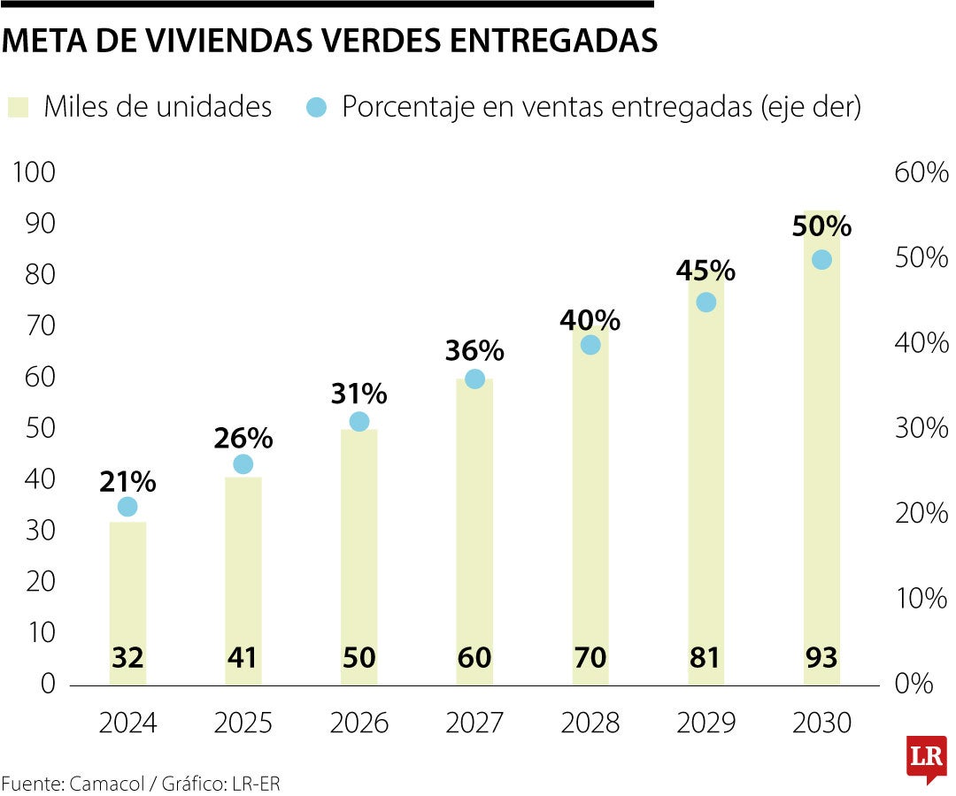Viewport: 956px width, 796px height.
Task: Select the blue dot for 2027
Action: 475,379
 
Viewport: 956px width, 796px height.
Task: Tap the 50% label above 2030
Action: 821,226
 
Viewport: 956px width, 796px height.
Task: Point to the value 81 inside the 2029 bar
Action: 705,658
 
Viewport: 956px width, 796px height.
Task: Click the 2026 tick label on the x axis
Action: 358,723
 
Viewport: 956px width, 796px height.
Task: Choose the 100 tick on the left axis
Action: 33,172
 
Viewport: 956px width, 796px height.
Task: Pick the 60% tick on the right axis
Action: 921,172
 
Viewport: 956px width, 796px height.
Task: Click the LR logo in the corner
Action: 926,758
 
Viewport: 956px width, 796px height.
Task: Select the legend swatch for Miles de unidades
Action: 19,108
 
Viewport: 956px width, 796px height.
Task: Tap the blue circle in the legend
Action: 316,108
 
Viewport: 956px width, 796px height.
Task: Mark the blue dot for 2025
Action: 243,464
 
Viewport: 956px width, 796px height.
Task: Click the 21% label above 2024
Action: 127,482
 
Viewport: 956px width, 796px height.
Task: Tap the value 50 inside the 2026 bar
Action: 358,658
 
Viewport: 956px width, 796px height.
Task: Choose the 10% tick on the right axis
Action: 921,599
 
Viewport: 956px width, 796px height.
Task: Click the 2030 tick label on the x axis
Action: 821,723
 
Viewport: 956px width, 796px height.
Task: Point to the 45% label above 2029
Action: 705,270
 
